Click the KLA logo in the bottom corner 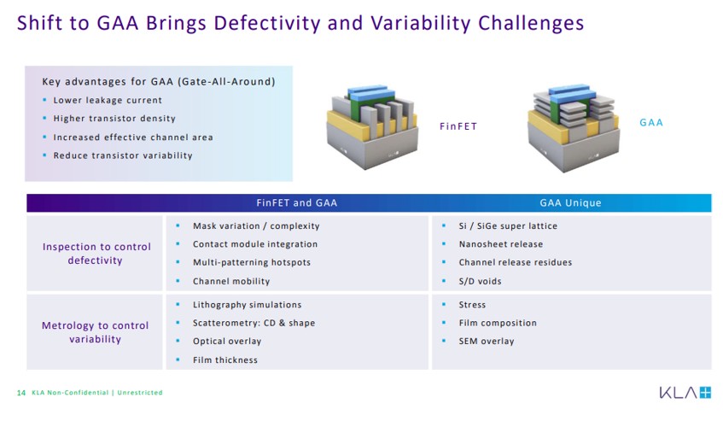coord(685,393)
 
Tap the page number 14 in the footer coord(21,393)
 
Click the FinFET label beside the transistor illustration coord(458,126)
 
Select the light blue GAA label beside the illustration coord(651,123)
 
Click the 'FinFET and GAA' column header coord(297,203)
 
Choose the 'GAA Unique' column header coord(570,203)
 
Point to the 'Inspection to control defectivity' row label coord(96,254)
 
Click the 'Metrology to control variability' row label coord(96,332)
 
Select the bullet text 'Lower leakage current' coord(108,100)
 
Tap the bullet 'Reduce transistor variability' coord(123,155)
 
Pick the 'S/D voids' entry coord(480,281)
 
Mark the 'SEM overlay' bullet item coord(487,342)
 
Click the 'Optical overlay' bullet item coord(227,342)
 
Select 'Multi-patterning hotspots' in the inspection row coord(252,262)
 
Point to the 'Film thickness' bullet coord(225,360)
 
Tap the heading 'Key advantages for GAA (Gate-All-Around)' coord(158,82)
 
